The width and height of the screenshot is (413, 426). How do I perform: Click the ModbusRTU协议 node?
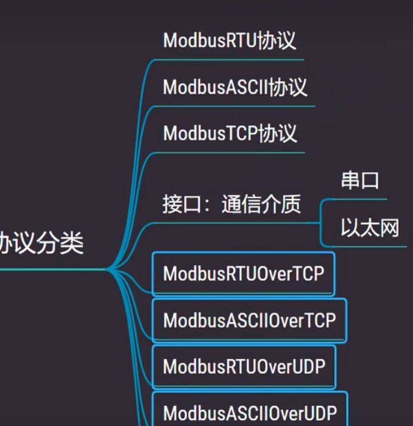coord(230,40)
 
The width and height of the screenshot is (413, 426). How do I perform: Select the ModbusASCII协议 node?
coord(235,87)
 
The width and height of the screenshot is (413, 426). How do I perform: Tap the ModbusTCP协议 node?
coord(230,133)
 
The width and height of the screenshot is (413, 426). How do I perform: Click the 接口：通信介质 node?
coord(231,204)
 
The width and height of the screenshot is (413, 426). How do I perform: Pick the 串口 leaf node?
coord(360,181)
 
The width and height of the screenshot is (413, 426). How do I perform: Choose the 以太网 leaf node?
coord(370,228)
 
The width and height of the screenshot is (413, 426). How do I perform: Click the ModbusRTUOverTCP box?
coord(243,274)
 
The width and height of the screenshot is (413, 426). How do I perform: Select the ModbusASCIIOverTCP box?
coord(249,320)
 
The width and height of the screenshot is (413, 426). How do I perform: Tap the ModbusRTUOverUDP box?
coord(244,366)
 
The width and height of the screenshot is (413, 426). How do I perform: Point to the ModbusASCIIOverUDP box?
coord(250,412)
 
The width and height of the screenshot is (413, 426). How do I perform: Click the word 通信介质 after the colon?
coord(261,204)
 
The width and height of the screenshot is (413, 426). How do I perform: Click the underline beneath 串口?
coord(361,199)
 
